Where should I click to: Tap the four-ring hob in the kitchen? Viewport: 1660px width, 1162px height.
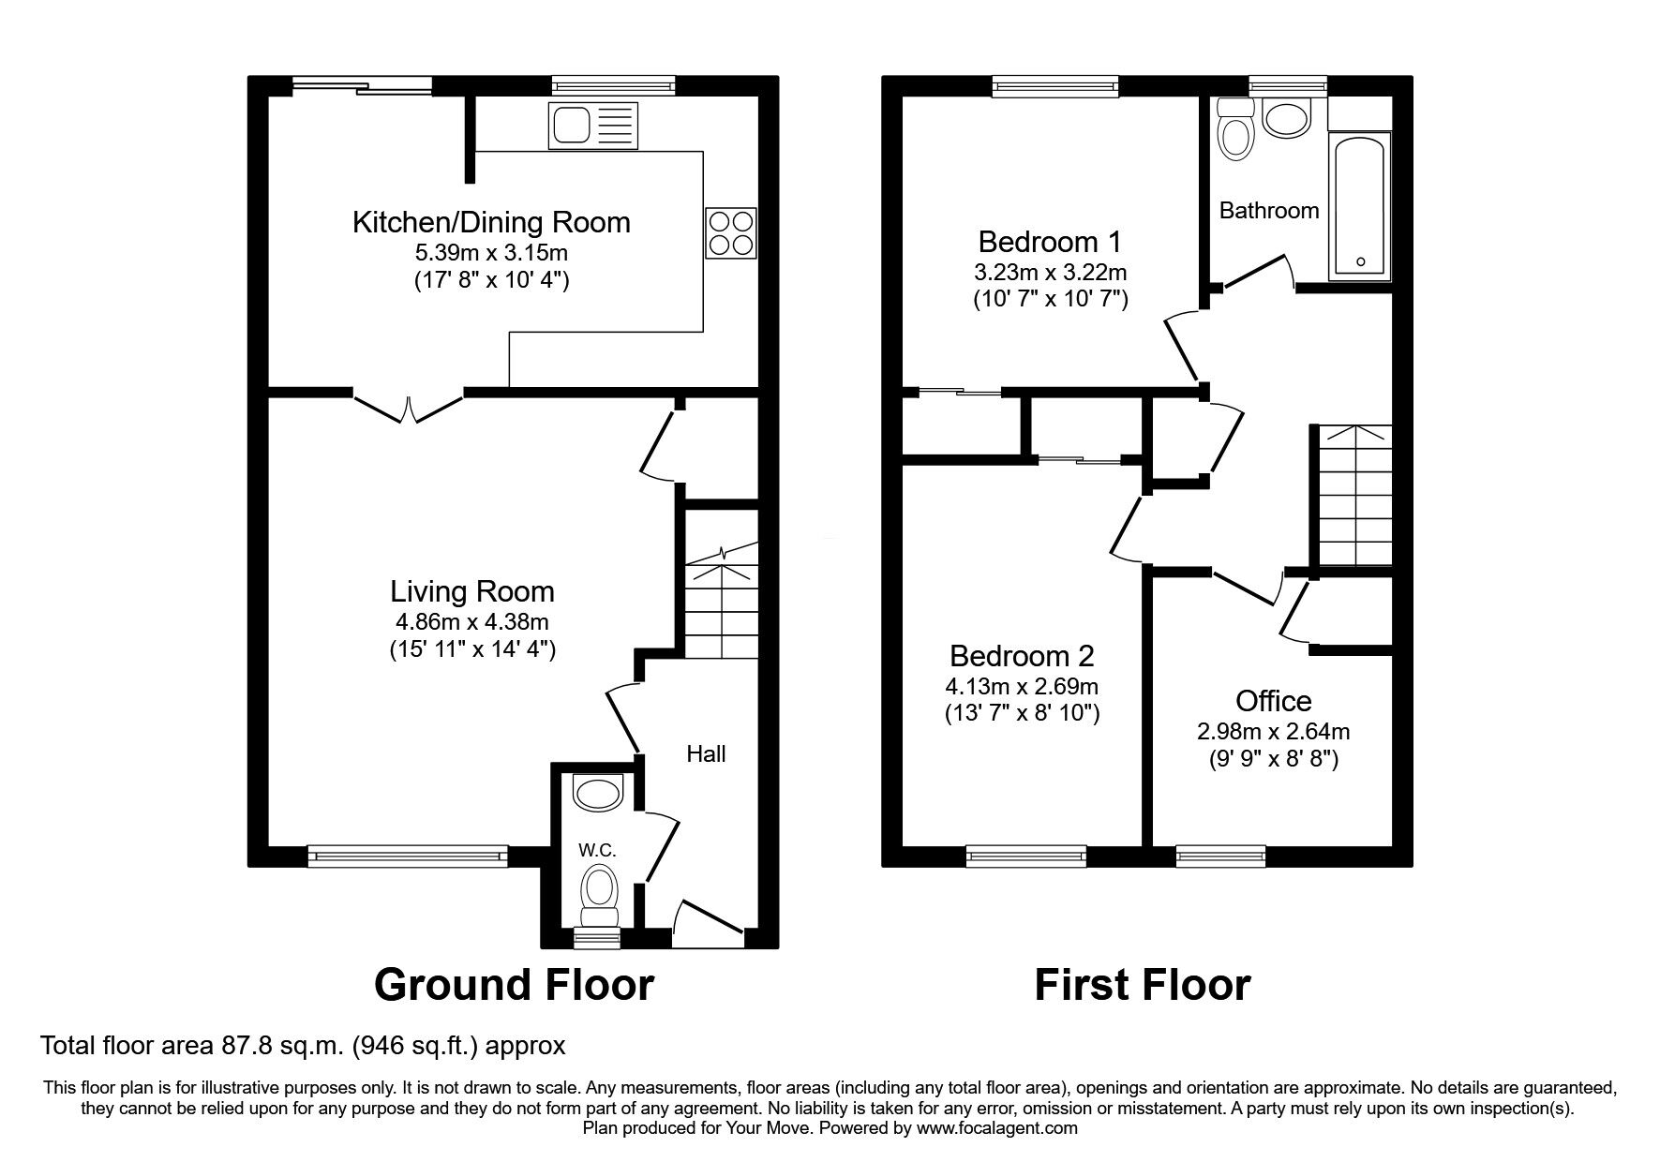(x=730, y=232)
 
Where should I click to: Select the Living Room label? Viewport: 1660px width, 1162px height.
(x=472, y=591)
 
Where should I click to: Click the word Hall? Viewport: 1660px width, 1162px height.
(x=706, y=753)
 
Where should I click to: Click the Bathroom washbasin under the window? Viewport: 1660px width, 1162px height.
(x=1288, y=119)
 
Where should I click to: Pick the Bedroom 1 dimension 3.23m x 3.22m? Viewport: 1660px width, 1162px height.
(x=1049, y=273)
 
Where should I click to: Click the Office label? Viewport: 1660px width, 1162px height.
(x=1273, y=701)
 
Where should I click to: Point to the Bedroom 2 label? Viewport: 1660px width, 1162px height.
(x=1022, y=655)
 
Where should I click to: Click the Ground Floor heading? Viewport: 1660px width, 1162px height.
(x=514, y=985)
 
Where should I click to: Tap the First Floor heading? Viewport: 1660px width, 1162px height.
(x=1142, y=985)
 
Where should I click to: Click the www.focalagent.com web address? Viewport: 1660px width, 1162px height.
(x=996, y=1128)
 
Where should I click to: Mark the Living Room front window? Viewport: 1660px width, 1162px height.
(x=408, y=854)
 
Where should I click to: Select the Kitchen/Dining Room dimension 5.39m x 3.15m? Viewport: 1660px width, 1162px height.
(x=491, y=252)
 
